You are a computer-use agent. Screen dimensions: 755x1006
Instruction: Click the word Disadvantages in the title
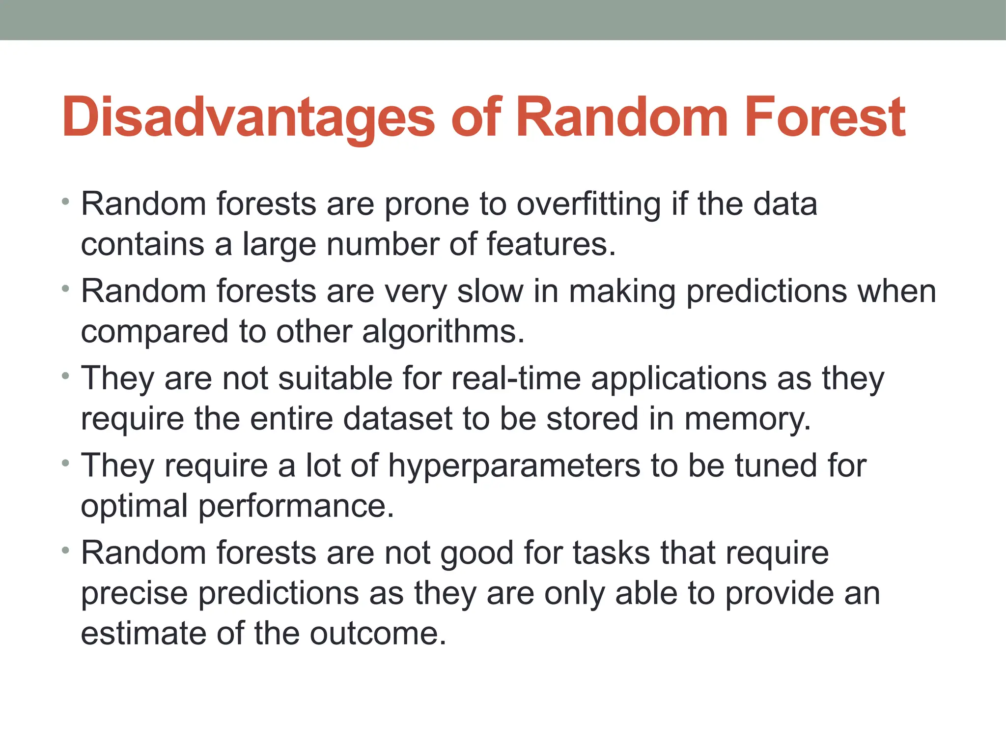[x=248, y=118]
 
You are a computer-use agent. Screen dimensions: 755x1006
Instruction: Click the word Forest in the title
[x=825, y=118]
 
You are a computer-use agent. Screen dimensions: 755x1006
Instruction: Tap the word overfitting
[x=588, y=204]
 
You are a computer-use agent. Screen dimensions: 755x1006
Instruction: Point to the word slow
[x=490, y=291]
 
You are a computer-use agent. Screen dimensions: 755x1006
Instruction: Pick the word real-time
[x=516, y=378]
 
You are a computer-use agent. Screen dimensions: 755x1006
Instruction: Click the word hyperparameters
[x=514, y=466]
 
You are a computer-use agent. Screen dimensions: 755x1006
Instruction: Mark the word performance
[x=296, y=506]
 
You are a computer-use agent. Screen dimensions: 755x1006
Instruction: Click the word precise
[x=134, y=594]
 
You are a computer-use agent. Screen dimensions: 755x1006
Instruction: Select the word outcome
[x=377, y=634]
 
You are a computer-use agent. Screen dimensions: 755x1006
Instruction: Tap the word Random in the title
[x=621, y=118]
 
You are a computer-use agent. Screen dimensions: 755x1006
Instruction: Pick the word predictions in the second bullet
[x=766, y=292]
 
